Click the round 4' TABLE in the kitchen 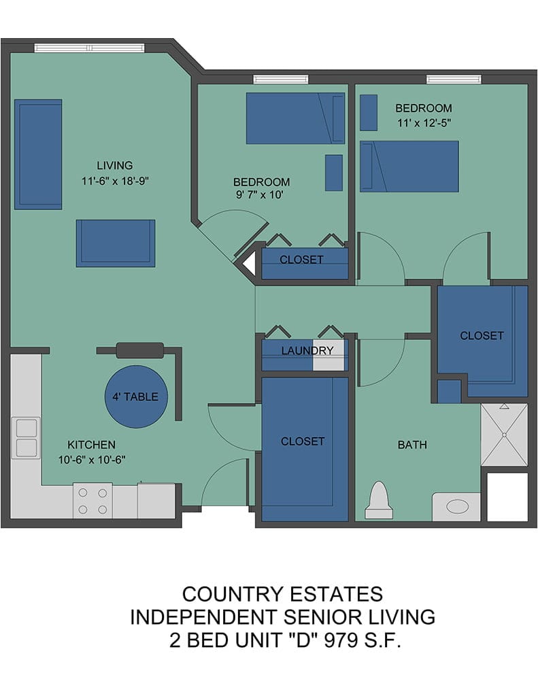click(137, 396)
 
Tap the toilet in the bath click(379, 500)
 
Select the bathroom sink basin click(457, 506)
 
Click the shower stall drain click(504, 435)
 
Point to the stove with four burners click(93, 501)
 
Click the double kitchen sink click(26, 438)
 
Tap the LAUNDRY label click(307, 351)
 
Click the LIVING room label click(115, 166)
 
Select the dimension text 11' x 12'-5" click(424, 123)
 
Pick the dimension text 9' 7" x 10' click(260, 194)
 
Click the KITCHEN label click(92, 445)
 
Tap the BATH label click(412, 445)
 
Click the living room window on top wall click(90, 48)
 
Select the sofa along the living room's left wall click(38, 154)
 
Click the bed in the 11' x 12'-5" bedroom click(409, 167)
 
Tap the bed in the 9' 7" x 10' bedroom click(295, 118)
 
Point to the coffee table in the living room click(116, 243)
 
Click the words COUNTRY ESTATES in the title click(282, 594)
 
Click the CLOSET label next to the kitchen click(303, 441)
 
